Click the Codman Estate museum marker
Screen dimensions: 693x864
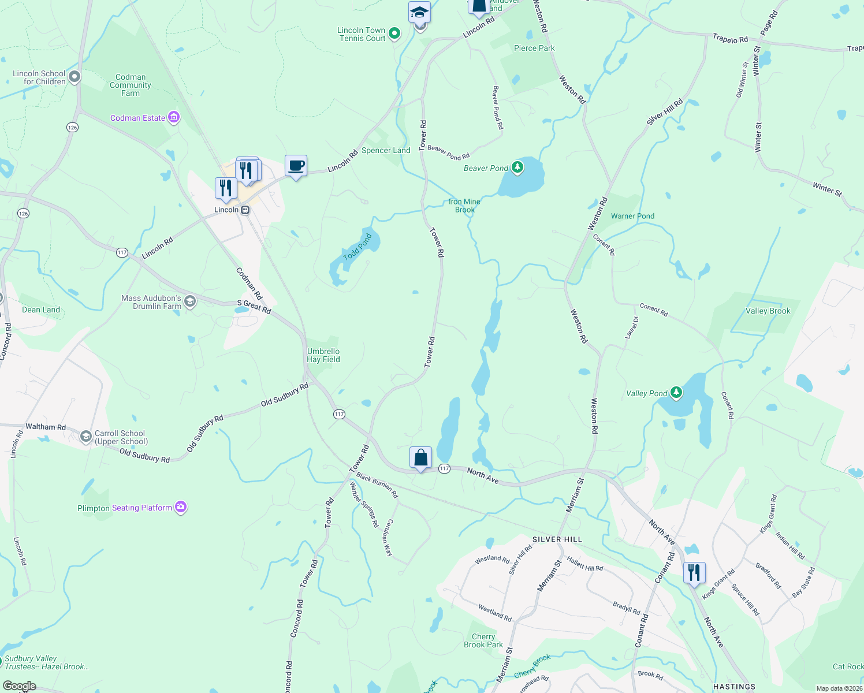point(174,118)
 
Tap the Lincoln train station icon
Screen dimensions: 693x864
point(245,210)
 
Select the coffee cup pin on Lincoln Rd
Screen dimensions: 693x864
point(296,166)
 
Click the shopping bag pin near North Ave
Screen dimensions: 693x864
point(421,458)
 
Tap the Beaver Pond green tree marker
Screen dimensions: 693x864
point(517,167)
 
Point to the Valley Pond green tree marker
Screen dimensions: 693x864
point(676,393)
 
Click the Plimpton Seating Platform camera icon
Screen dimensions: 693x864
point(181,507)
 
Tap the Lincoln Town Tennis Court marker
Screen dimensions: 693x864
point(394,33)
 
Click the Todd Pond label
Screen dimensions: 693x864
point(358,247)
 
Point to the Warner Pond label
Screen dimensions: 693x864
point(632,216)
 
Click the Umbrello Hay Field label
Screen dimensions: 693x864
point(323,355)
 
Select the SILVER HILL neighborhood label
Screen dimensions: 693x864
point(557,539)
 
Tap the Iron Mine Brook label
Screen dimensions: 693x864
point(464,206)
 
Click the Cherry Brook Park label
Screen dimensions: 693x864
point(483,640)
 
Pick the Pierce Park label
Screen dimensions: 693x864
point(534,48)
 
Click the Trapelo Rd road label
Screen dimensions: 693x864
point(730,39)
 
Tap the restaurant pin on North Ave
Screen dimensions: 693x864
point(694,572)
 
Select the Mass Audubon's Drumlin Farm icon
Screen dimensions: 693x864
point(189,301)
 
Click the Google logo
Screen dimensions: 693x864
point(20,686)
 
